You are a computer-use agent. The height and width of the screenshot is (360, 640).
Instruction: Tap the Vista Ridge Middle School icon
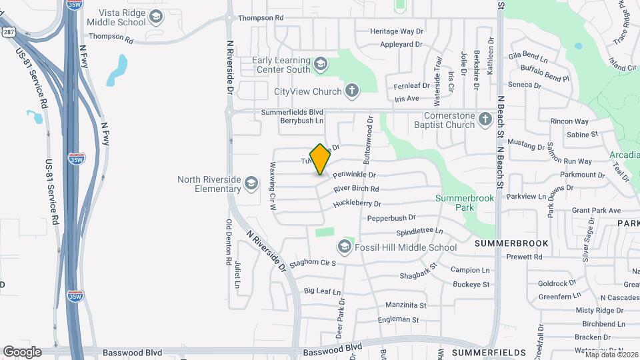pyautogui.click(x=156, y=17)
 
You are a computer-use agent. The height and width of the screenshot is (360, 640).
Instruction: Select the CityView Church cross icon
pyautogui.click(x=353, y=91)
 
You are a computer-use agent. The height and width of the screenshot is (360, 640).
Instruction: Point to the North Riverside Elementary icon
pyautogui.click(x=251, y=183)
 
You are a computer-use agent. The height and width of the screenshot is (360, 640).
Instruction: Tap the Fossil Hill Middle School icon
pyautogui.click(x=344, y=247)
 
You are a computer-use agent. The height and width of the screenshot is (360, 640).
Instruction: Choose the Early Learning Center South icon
pyautogui.click(x=321, y=64)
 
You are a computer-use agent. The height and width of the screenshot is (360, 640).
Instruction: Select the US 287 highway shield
pyautogui.click(x=7, y=31)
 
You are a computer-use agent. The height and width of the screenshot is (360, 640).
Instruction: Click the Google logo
pyautogui.click(x=22, y=351)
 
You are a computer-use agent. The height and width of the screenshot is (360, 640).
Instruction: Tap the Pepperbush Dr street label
pyautogui.click(x=391, y=217)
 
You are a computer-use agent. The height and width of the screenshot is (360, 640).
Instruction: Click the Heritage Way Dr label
pyautogui.click(x=397, y=31)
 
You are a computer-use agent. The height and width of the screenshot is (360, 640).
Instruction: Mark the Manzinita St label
pyautogui.click(x=405, y=305)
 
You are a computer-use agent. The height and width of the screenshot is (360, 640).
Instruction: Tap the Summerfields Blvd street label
pyautogui.click(x=292, y=112)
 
